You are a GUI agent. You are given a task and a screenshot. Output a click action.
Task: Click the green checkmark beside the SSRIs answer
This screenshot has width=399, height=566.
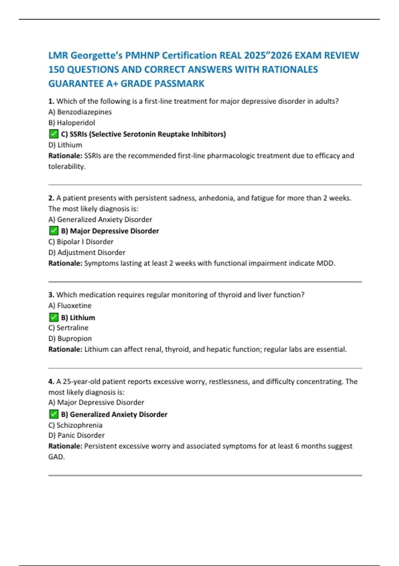point(54,134)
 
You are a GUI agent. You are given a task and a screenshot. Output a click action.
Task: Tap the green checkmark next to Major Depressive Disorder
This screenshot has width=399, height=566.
point(54,230)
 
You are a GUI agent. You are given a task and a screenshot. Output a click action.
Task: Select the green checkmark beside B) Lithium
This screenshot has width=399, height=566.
point(54,317)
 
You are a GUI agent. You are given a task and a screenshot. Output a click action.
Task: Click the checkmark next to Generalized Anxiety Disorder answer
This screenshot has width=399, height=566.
point(54,414)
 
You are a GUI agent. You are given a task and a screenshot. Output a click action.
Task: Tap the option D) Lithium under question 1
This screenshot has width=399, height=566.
point(65,145)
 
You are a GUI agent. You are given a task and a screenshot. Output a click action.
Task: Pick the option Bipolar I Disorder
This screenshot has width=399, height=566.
point(81,242)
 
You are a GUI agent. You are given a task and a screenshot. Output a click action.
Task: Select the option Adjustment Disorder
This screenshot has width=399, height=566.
point(87,252)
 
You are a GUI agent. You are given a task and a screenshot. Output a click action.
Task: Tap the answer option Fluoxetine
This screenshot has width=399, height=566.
point(70,305)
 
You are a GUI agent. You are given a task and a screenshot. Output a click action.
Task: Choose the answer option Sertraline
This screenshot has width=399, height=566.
point(68,328)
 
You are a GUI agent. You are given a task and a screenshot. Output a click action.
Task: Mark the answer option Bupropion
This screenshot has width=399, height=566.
point(70,338)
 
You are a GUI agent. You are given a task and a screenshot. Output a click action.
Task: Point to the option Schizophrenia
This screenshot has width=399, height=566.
point(75,425)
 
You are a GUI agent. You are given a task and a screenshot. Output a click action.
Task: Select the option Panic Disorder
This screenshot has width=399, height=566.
point(76,435)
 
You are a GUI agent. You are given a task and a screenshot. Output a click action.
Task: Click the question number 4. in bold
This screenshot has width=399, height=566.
point(51,382)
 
